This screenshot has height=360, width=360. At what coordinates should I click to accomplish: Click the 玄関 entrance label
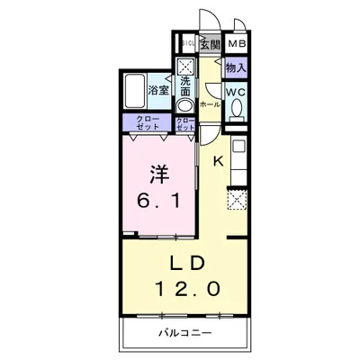(x=209, y=44)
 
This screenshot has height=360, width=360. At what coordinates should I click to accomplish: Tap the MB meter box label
(x=238, y=44)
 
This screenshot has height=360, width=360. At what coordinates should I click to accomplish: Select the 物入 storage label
(x=236, y=67)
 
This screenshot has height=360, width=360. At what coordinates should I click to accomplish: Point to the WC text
(x=236, y=92)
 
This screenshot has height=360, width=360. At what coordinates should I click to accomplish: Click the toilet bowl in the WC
(x=237, y=110)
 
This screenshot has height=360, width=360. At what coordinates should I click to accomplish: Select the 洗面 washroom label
(x=184, y=86)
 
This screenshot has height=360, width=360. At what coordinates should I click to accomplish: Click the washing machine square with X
(x=184, y=66)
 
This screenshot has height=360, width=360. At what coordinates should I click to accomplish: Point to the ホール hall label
(x=209, y=104)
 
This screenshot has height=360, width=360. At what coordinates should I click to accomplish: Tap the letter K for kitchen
(x=218, y=161)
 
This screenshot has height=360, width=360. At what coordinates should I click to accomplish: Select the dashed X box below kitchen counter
(x=238, y=200)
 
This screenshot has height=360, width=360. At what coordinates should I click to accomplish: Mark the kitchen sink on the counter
(x=238, y=146)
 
